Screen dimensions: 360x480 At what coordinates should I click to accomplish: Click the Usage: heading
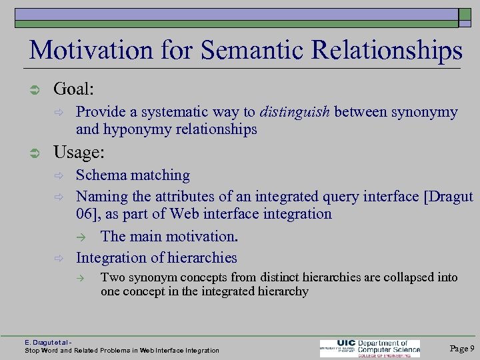(x=79, y=152)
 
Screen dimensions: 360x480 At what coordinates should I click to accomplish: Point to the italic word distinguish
(x=295, y=112)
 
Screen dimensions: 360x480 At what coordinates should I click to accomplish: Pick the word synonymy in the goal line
(x=424, y=112)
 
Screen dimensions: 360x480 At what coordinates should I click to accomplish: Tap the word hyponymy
(x=136, y=129)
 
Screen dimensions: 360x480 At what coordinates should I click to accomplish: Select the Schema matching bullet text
(x=133, y=175)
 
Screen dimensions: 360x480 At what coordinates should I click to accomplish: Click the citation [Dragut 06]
(x=448, y=196)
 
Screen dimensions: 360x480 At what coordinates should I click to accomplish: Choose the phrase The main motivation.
(x=169, y=237)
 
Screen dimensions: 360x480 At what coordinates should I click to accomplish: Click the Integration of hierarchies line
(x=156, y=257)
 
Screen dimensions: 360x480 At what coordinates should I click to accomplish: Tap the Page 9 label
(x=462, y=348)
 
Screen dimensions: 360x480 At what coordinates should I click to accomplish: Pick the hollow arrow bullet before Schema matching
(x=58, y=176)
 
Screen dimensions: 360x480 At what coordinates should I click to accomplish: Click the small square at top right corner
(x=465, y=18)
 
